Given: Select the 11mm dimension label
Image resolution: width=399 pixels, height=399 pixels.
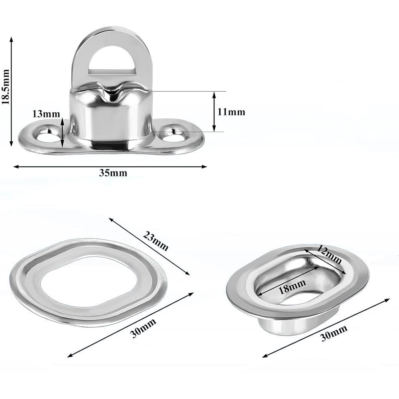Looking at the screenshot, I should coord(231,112).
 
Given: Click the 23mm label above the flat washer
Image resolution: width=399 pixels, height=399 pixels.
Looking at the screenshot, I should coord(156,242).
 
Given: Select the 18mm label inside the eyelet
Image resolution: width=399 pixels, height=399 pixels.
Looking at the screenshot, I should coord(293,286).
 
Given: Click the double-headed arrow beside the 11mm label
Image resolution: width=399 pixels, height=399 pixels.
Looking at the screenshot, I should coord(214,112).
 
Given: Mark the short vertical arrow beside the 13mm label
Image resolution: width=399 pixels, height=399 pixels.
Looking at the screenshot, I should coord(62,132).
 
